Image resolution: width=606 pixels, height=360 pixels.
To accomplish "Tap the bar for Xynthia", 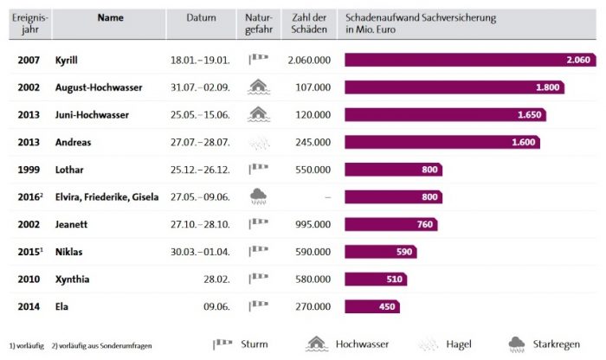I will point(376,279).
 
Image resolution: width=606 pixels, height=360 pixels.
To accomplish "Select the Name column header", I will point(110,17).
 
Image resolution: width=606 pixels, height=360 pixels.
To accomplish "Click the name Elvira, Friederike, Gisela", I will point(106,196).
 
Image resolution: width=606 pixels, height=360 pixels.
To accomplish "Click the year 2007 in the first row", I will point(29,60).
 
